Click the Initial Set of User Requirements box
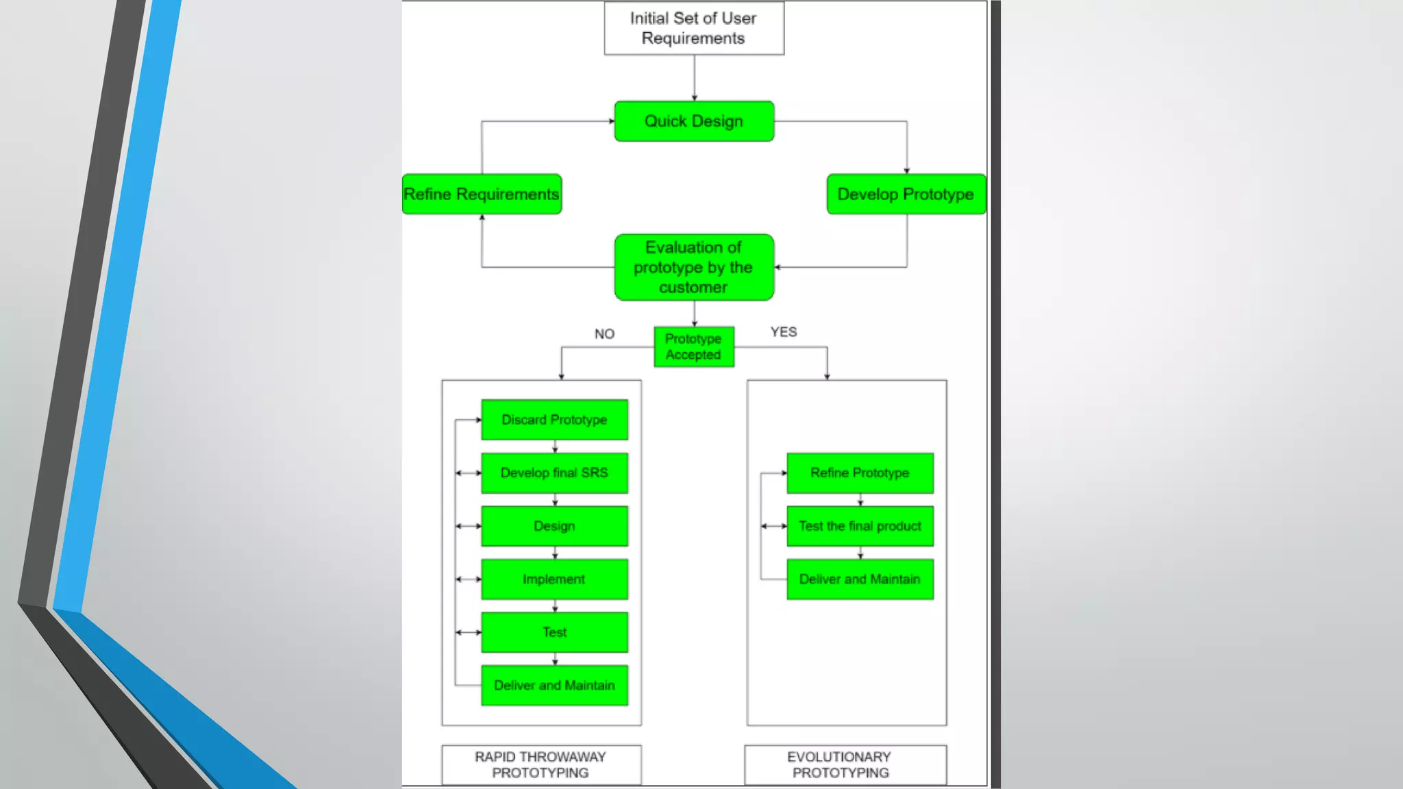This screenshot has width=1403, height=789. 693,28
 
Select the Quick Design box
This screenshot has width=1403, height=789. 693,121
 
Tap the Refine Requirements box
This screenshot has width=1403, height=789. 482,194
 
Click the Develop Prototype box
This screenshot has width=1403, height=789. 906,194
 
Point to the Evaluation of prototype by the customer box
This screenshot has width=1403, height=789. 693,267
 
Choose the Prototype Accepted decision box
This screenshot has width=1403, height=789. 693,347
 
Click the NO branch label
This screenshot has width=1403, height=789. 604,334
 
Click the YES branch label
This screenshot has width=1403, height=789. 783,331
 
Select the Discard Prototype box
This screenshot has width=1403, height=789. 554,419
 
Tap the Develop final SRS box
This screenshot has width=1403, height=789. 554,473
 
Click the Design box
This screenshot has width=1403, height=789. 554,526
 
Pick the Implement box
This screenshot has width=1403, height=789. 554,579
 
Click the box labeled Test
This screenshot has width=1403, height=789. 554,632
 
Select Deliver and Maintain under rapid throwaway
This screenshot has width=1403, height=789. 554,685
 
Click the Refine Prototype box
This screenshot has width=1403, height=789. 860,473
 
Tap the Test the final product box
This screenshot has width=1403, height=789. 860,526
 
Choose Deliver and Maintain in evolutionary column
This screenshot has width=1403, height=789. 860,579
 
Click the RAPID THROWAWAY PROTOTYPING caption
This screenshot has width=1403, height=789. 541,764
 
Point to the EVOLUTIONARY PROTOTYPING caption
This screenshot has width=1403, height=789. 840,764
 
